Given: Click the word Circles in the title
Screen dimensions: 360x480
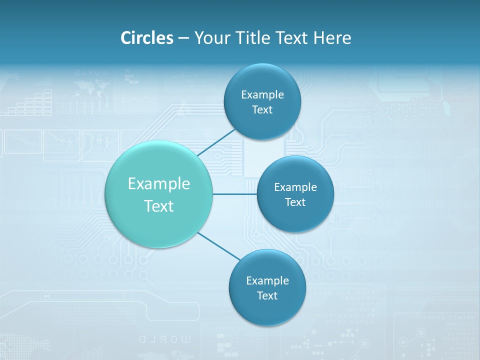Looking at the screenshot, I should pos(146,37).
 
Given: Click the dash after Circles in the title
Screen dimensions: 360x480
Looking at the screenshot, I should pos(183,38).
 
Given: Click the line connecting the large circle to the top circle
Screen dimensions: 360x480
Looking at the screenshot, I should pos(216,143).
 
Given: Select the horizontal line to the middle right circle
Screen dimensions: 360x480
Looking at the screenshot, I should pos(234,194).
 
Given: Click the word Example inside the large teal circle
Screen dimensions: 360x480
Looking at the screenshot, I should pos(159,184).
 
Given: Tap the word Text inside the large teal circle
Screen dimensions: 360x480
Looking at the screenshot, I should pos(159,206).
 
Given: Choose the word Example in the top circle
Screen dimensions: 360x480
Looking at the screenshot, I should pos(262,95).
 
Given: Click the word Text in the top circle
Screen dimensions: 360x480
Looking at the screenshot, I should pos(262,110).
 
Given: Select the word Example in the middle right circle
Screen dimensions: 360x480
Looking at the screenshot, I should pos(295,187).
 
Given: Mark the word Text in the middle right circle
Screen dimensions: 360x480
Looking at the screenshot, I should pos(295,202).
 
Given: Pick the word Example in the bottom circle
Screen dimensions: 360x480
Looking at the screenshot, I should pos(267,281).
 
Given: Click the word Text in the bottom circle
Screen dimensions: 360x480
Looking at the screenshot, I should pos(267,296).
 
